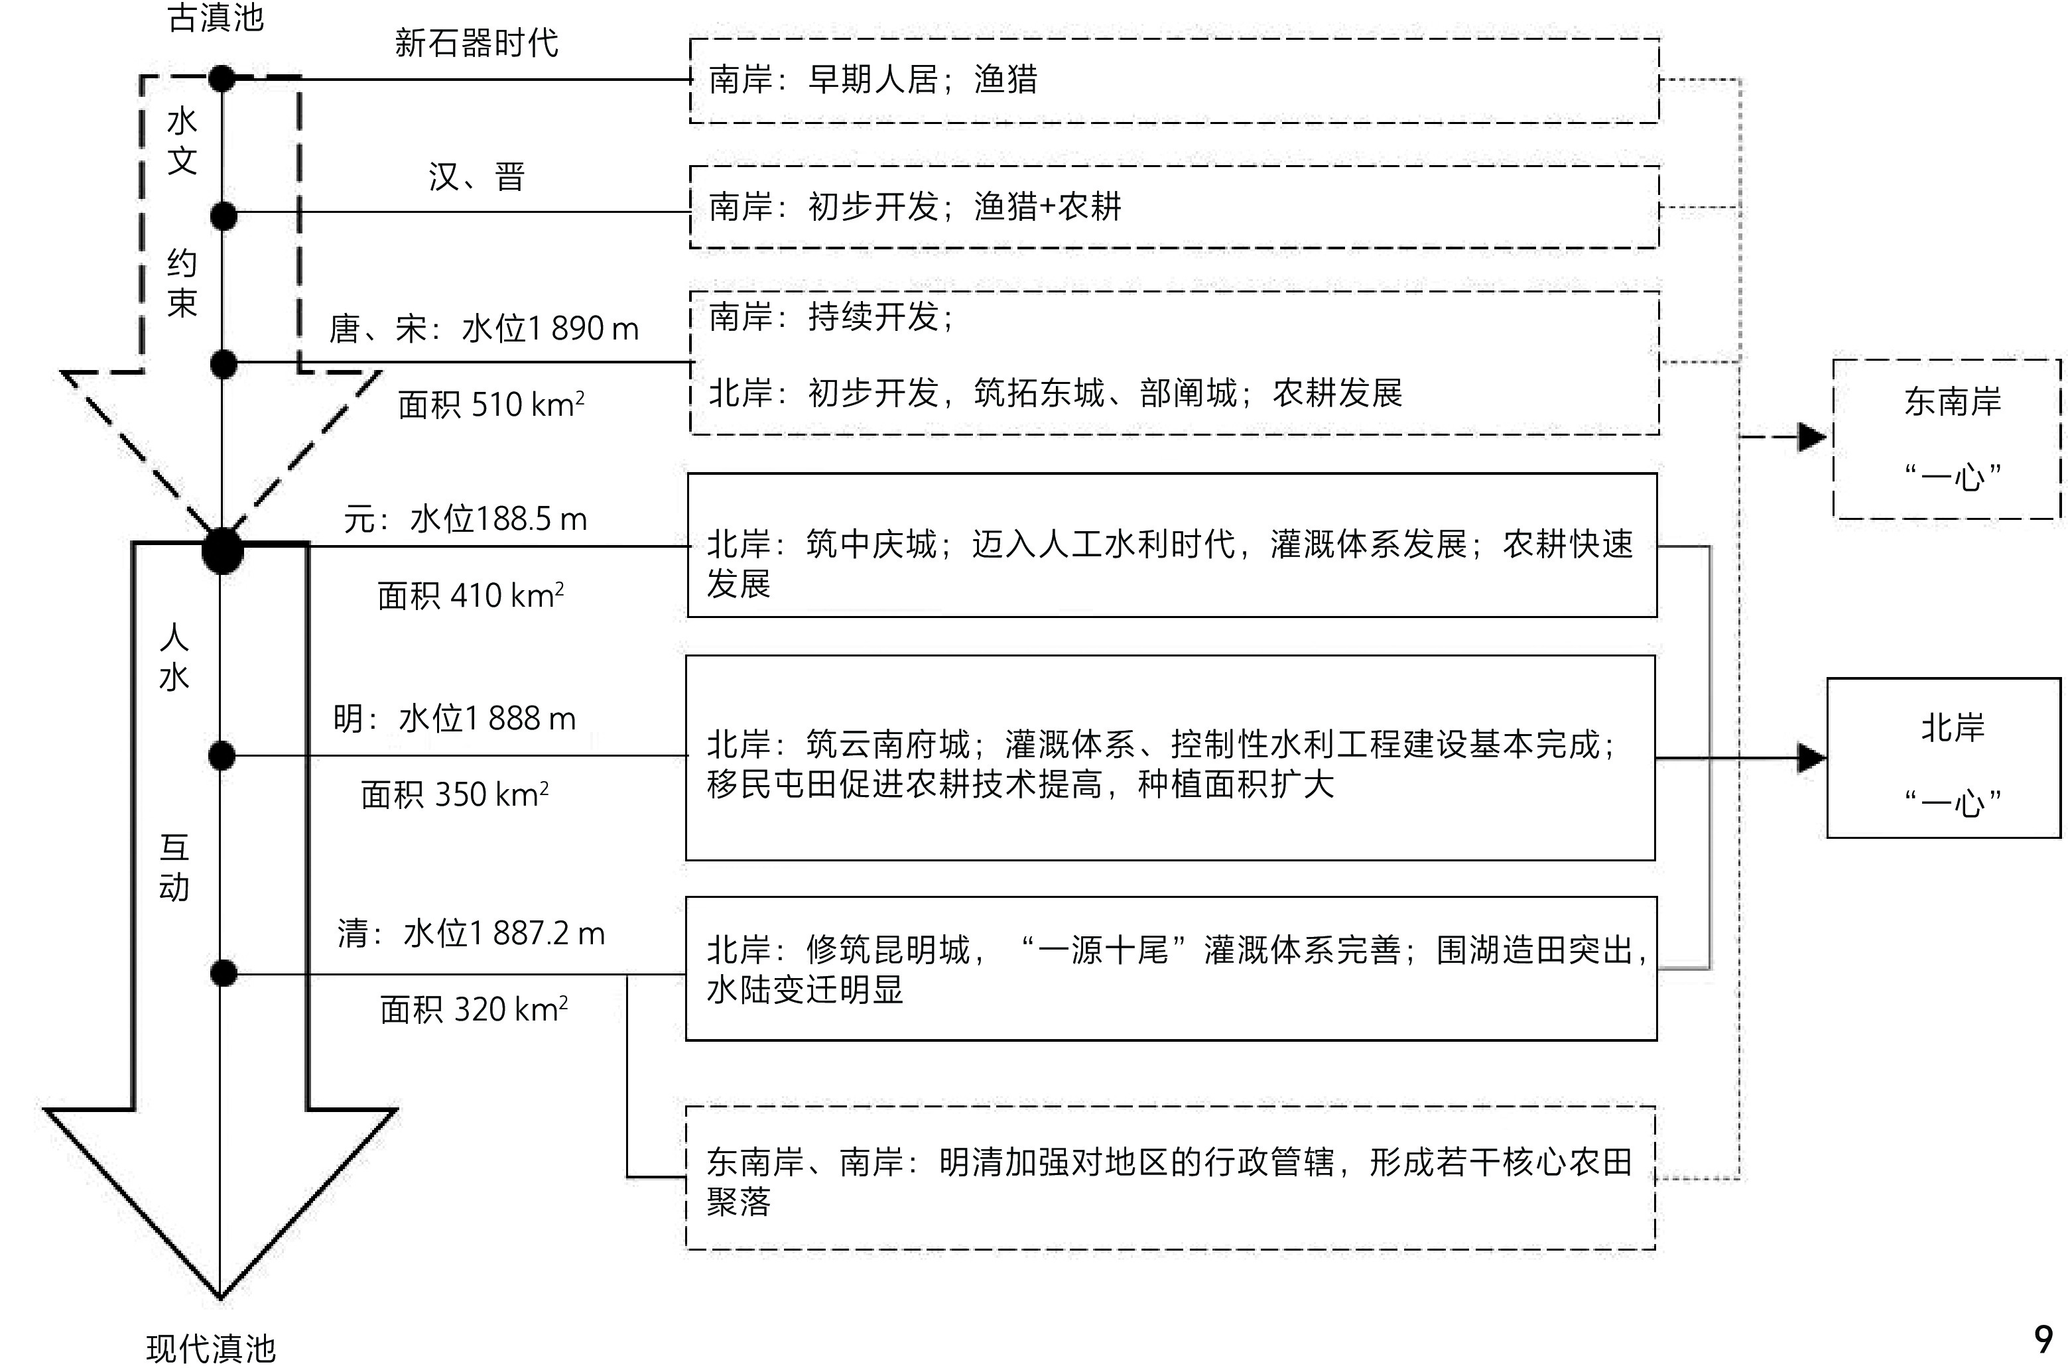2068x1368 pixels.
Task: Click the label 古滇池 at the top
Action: point(216,17)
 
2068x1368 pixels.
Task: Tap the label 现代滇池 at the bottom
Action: point(211,1348)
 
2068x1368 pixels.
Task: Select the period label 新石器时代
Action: point(476,42)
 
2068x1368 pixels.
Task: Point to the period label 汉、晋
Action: point(476,177)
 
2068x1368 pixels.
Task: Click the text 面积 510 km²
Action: point(490,404)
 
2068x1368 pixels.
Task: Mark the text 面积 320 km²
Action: point(474,1009)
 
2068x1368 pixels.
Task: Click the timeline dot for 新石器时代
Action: point(222,78)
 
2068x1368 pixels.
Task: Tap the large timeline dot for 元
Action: point(222,550)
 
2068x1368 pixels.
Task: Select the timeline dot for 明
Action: point(222,755)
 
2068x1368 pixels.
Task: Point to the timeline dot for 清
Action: point(224,973)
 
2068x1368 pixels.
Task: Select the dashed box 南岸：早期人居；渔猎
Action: point(1173,80)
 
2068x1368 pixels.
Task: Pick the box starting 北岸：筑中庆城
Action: point(1172,545)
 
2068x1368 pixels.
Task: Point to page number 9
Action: point(2043,1338)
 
